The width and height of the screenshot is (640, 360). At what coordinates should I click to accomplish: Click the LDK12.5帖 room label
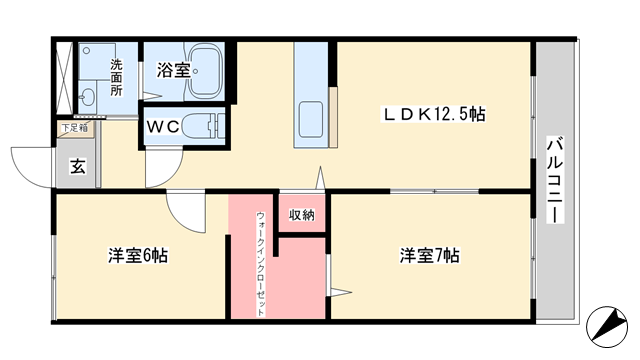pos(433,114)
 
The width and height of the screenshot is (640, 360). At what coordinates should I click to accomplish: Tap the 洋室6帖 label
pos(138,256)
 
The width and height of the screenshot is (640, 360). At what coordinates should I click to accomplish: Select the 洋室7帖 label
pos(429,256)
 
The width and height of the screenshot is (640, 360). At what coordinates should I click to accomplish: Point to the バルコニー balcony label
pos(555,180)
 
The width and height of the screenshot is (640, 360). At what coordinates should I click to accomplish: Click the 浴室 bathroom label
pos(173,70)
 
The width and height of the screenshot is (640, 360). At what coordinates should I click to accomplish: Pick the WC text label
pos(163,127)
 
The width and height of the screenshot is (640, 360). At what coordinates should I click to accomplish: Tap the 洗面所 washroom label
pos(116,78)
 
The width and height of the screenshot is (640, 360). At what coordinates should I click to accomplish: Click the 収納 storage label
pos(302,215)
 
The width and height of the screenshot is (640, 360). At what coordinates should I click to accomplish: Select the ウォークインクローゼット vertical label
pos(260,264)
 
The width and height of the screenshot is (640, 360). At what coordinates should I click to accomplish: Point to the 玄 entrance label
pos(78,167)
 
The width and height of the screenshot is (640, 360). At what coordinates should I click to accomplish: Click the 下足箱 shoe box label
pos(75,128)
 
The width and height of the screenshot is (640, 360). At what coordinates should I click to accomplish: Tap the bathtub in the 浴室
pos(206,71)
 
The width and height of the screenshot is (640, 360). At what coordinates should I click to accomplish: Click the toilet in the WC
pos(202,126)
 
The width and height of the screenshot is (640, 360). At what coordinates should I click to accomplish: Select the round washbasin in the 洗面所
pos(87,97)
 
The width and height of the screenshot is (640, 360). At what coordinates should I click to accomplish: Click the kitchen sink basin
pos(311,120)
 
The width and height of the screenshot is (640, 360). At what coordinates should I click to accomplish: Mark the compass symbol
pos(607,327)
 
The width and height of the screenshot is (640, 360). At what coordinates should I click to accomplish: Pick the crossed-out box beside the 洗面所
pos(64,78)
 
